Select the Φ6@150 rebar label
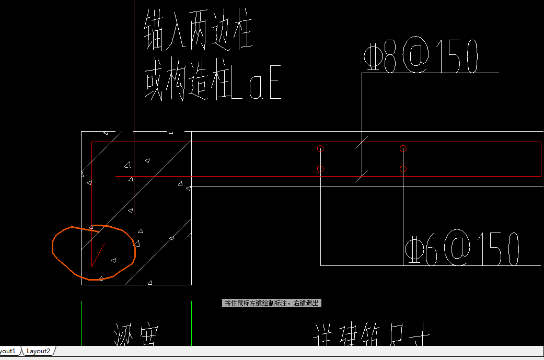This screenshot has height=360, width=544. (462, 248)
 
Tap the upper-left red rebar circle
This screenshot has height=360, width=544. (321, 149)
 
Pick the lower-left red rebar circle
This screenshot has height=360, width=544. (321, 169)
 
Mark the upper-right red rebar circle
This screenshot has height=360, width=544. (403, 149)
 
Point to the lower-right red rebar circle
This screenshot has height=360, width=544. (403, 169)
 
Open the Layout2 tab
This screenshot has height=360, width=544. (39, 351)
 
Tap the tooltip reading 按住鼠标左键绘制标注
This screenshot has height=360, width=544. (272, 303)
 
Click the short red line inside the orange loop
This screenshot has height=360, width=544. (98, 254)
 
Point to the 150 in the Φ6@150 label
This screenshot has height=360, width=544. (496, 248)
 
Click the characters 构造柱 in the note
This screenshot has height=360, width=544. (198, 84)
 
